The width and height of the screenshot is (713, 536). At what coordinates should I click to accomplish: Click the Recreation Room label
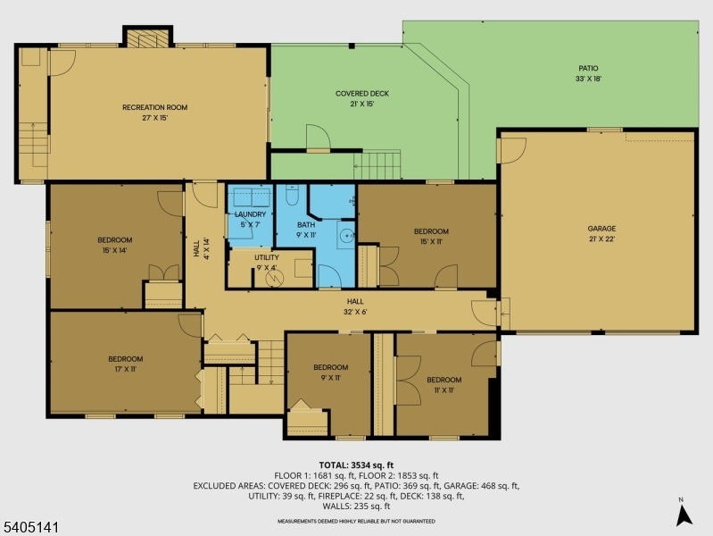155,113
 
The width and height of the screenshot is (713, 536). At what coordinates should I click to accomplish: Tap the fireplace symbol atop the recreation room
148,38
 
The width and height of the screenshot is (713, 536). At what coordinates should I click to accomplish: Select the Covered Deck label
362,98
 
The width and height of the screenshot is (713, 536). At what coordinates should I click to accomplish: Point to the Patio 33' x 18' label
588,73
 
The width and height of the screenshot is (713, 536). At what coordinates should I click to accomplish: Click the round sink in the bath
348,236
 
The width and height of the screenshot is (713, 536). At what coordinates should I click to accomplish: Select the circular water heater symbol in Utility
275,277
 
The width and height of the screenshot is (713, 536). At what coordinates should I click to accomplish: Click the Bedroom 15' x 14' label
114,245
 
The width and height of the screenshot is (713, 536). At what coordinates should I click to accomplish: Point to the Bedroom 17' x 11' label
126,364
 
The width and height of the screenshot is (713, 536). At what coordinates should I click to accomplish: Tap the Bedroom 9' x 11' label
330,372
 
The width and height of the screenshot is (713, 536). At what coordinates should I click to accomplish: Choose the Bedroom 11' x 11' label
444,385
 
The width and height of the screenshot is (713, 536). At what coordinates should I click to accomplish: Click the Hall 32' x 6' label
355,307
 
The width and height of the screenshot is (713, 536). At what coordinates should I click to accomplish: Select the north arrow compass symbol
684,515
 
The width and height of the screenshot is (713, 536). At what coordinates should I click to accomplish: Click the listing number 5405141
29,528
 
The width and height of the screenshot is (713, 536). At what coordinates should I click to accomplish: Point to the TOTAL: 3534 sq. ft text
356,465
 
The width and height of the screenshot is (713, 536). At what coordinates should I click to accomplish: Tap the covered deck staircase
377,164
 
